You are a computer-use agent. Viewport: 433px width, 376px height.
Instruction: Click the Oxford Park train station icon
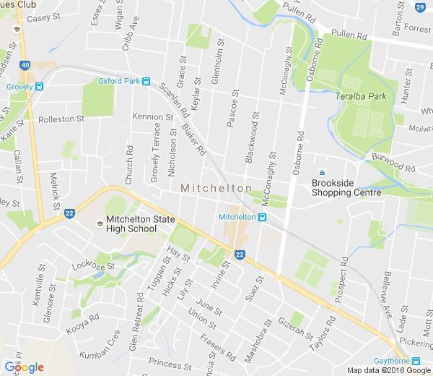pos(146,82)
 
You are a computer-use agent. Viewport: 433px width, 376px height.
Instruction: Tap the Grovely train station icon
pos(39,87)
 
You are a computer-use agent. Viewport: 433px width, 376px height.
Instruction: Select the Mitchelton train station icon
pos(263,217)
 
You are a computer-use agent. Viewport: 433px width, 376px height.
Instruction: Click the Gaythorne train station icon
pos(416,361)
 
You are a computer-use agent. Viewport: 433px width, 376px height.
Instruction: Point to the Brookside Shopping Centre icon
pos(322,172)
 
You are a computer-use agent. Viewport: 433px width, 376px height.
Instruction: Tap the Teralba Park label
pos(360,96)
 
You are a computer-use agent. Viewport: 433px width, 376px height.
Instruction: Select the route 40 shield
pos(26,65)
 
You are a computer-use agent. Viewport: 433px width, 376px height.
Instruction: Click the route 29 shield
pos(421,7)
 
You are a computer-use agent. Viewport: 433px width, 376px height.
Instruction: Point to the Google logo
pos(24,367)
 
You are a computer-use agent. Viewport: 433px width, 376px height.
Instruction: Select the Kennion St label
pos(153,116)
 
